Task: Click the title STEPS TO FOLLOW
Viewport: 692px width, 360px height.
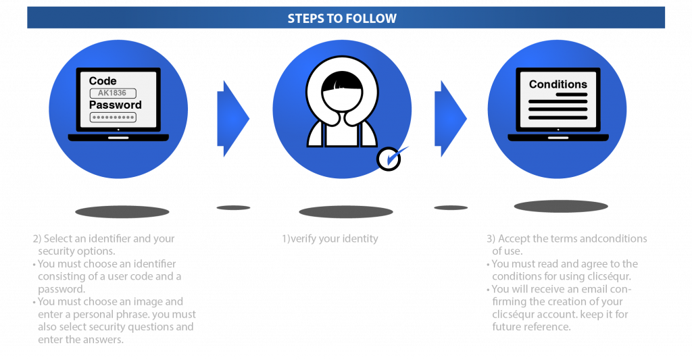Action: coord(342,18)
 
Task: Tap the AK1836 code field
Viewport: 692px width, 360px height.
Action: coord(113,93)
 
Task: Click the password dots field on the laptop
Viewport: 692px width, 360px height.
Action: coord(113,117)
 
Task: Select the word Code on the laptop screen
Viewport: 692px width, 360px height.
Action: coord(103,81)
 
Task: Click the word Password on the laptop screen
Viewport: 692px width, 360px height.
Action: coord(116,105)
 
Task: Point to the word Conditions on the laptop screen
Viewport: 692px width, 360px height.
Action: coord(558,84)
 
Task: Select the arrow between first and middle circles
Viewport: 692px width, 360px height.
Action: coord(232,119)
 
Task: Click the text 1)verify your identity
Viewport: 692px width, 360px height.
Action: coord(330,238)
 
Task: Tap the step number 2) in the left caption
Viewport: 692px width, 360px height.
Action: coord(37,239)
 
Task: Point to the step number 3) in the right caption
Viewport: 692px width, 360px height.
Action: coord(491,239)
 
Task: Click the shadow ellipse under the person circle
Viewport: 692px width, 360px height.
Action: coord(346,211)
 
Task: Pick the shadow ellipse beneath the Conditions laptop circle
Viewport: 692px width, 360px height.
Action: coord(560,207)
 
